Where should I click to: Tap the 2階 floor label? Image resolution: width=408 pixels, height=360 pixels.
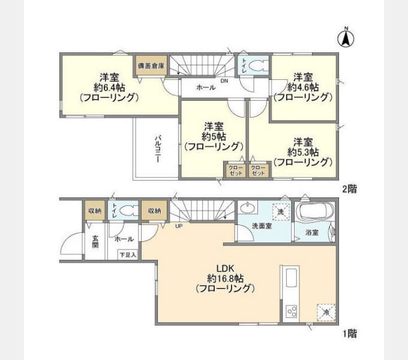tap(349, 189)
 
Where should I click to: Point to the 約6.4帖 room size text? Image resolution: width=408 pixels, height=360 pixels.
tap(109, 87)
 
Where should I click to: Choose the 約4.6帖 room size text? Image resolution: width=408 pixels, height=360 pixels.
tap(302, 87)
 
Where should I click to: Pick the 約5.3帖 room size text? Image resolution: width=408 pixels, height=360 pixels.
tap(303, 152)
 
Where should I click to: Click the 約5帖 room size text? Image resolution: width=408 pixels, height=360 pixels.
tap(214, 136)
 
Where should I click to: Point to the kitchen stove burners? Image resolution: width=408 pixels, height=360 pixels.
tap(292, 311)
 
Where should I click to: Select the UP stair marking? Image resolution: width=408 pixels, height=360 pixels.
tap(179, 226)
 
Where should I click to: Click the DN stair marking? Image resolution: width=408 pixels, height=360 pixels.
tap(224, 81)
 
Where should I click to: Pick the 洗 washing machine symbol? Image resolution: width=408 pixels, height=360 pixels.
tap(281, 211)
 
